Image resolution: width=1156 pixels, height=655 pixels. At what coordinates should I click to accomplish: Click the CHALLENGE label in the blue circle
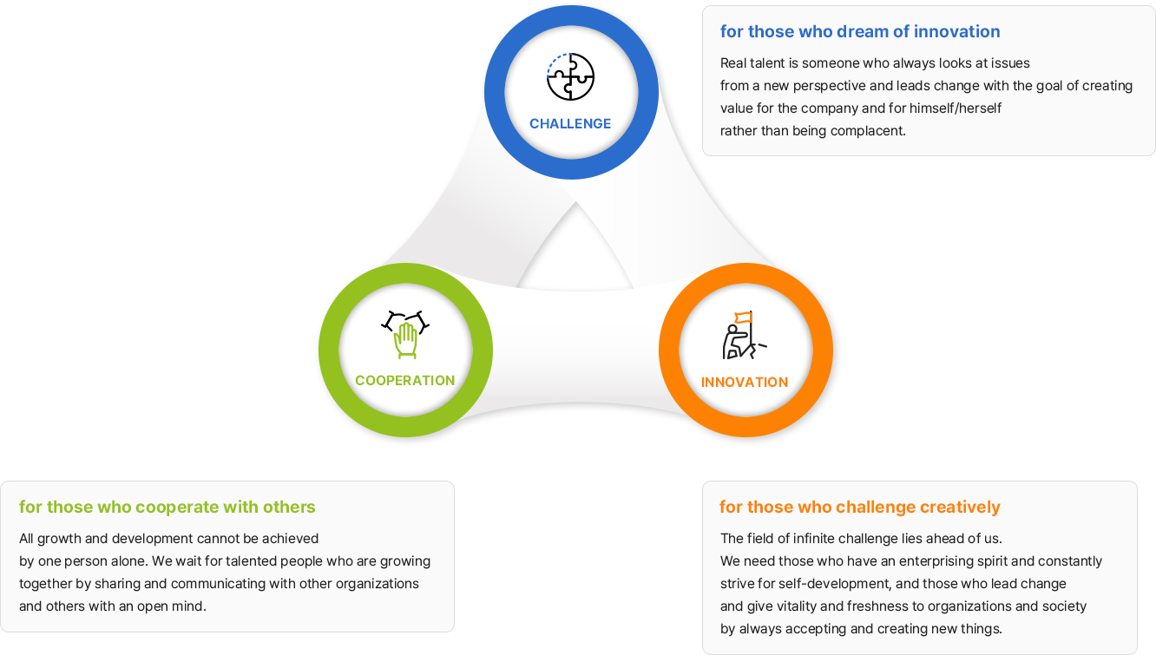[570, 124]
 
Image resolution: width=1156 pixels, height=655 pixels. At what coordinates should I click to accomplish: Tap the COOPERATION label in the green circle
[405, 381]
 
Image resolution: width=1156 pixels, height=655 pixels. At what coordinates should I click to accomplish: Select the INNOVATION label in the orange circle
[745, 383]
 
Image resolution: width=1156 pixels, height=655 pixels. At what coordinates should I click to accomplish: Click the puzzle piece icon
[570, 77]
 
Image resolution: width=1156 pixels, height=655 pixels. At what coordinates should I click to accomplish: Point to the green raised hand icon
[405, 340]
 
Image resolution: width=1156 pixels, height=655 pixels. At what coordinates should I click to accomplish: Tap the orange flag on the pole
[743, 318]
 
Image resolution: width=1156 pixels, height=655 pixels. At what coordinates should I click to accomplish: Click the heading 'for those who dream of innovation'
[860, 31]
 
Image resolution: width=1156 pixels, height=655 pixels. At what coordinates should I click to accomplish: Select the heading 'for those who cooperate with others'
[167, 507]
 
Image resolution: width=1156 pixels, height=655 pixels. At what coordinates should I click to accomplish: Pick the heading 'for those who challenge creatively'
[860, 507]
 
